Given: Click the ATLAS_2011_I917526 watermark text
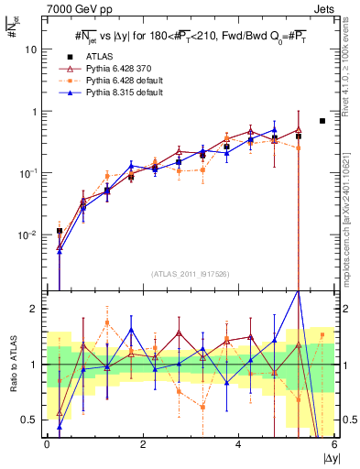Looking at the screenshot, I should pos(190,274).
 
